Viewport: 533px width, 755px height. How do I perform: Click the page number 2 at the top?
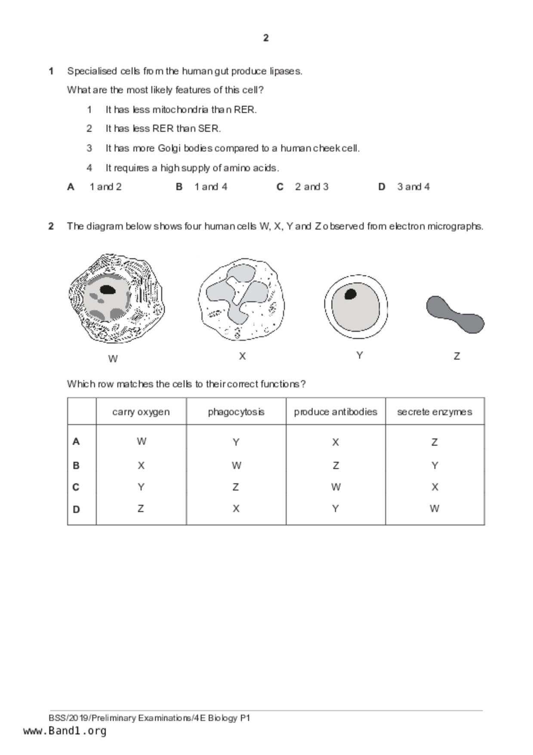(x=266, y=38)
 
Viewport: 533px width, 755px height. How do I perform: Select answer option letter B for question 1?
(x=179, y=187)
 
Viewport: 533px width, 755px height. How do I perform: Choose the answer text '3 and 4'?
(x=413, y=187)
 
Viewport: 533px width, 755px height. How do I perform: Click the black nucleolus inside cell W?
(x=107, y=290)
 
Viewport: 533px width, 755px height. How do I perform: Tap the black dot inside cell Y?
(x=351, y=294)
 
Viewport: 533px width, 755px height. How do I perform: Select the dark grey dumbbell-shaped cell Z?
(x=455, y=315)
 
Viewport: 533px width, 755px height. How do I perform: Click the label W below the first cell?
(x=113, y=359)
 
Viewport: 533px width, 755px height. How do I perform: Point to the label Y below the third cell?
(x=360, y=356)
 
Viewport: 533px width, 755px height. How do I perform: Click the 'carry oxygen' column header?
(x=141, y=412)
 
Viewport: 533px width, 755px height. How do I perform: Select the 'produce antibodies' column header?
(x=336, y=412)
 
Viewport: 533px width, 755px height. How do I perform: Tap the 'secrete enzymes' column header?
(x=434, y=412)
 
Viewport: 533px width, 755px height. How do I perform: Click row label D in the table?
(x=76, y=510)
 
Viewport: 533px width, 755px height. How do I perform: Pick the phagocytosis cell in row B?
(x=236, y=466)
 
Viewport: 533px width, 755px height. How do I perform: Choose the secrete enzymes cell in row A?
(x=434, y=442)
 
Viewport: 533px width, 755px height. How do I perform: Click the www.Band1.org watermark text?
(x=65, y=731)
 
